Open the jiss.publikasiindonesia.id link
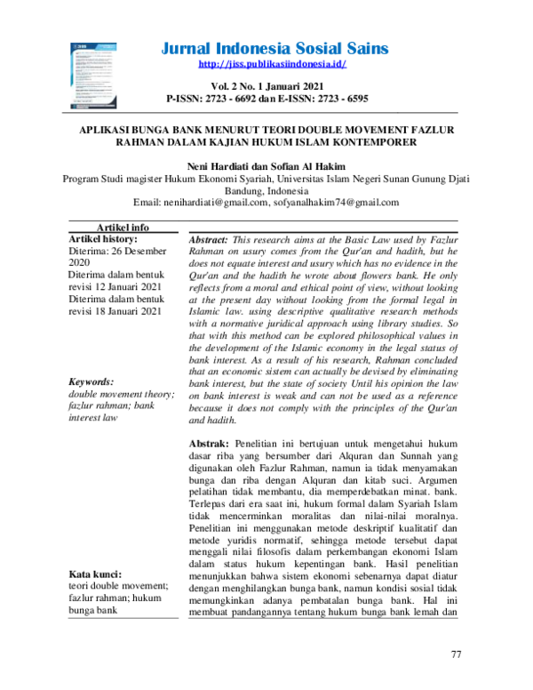[272, 65]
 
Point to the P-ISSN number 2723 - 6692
[242, 98]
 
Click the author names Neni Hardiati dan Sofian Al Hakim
[266, 165]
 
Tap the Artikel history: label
[103, 240]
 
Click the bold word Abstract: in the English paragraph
[210, 241]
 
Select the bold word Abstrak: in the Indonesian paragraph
[210, 443]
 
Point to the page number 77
[457, 655]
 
